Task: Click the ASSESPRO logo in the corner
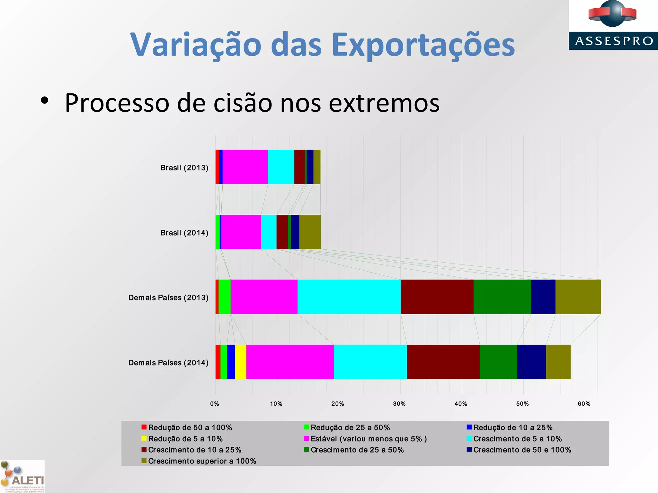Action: click(613, 25)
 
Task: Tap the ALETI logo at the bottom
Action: click(22, 477)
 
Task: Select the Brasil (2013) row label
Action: click(184, 168)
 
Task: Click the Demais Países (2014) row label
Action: click(168, 363)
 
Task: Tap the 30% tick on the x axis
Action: click(399, 404)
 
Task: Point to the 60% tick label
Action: click(584, 404)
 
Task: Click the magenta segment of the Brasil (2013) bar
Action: click(245, 167)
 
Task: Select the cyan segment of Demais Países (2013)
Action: click(349, 297)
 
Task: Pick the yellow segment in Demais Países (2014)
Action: click(241, 362)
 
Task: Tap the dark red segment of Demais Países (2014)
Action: click(443, 362)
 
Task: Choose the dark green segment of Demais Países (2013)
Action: click(502, 297)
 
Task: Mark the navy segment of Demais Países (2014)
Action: click(531, 362)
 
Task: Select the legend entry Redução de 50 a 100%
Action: click(190, 428)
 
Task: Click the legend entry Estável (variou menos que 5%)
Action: click(368, 439)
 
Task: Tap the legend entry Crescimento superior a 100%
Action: click(202, 461)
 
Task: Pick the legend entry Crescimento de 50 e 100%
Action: click(522, 450)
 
